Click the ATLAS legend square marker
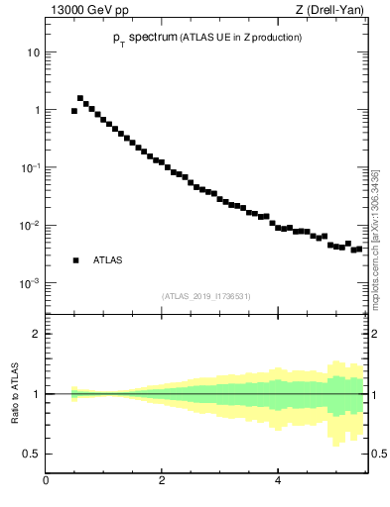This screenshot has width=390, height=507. [x=75, y=260]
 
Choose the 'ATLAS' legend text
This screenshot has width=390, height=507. [x=108, y=260]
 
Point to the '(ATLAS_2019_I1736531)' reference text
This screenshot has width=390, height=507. [x=205, y=296]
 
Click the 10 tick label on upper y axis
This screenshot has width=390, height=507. [x=34, y=51]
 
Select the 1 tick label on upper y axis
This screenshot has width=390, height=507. [x=36, y=110]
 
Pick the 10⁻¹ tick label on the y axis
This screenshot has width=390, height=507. [x=31, y=167]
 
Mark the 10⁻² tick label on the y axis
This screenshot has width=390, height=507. [x=31, y=225]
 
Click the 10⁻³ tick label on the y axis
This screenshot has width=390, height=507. [x=31, y=282]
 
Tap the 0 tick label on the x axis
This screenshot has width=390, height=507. [x=46, y=481]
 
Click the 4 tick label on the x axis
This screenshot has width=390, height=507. [x=278, y=481]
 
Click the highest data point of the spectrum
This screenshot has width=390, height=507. [x=80, y=98]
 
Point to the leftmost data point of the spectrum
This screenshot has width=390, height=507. [x=74, y=111]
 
